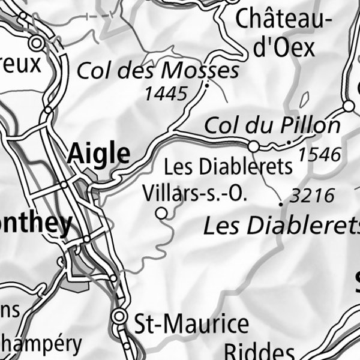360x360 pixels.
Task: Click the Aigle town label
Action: tap(98, 154)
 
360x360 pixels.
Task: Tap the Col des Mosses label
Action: tap(158, 71)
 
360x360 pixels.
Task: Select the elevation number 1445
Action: tap(166, 93)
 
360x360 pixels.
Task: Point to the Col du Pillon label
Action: tap(272, 126)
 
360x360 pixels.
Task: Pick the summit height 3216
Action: tap(311, 196)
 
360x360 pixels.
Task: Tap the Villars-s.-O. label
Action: tap(195, 193)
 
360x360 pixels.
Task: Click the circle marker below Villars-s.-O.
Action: tap(161, 212)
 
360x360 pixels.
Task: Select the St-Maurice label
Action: tap(191, 325)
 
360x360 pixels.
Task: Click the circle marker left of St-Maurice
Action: tap(120, 316)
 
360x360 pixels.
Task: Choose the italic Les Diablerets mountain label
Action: tap(281, 226)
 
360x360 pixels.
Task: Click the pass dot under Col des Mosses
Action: tap(206, 85)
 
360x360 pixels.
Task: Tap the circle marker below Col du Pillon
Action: tap(254, 146)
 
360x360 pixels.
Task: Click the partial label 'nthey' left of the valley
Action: tap(36, 223)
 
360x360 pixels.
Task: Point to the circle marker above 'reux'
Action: tap(37, 43)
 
